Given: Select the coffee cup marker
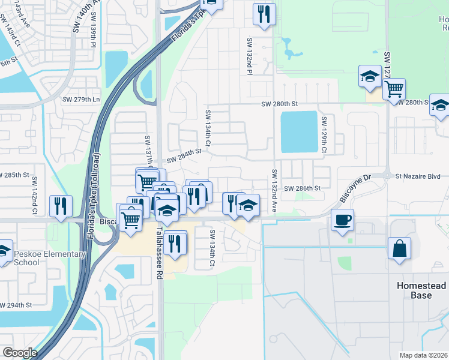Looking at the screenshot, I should coord(342,220).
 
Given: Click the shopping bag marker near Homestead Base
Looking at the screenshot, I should coord(399,248).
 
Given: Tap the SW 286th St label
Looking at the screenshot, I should coord(303,188).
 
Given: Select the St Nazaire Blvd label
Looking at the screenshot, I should coord(417,176).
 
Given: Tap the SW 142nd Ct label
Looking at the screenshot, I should coord(35,191).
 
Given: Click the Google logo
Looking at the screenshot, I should coord(20,353).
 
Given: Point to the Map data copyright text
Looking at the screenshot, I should coord(423,355).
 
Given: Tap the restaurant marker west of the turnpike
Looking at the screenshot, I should coord(60,206).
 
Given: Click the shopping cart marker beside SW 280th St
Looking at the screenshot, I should coord(394,89).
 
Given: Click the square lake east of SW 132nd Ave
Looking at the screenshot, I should coord(298,131).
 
